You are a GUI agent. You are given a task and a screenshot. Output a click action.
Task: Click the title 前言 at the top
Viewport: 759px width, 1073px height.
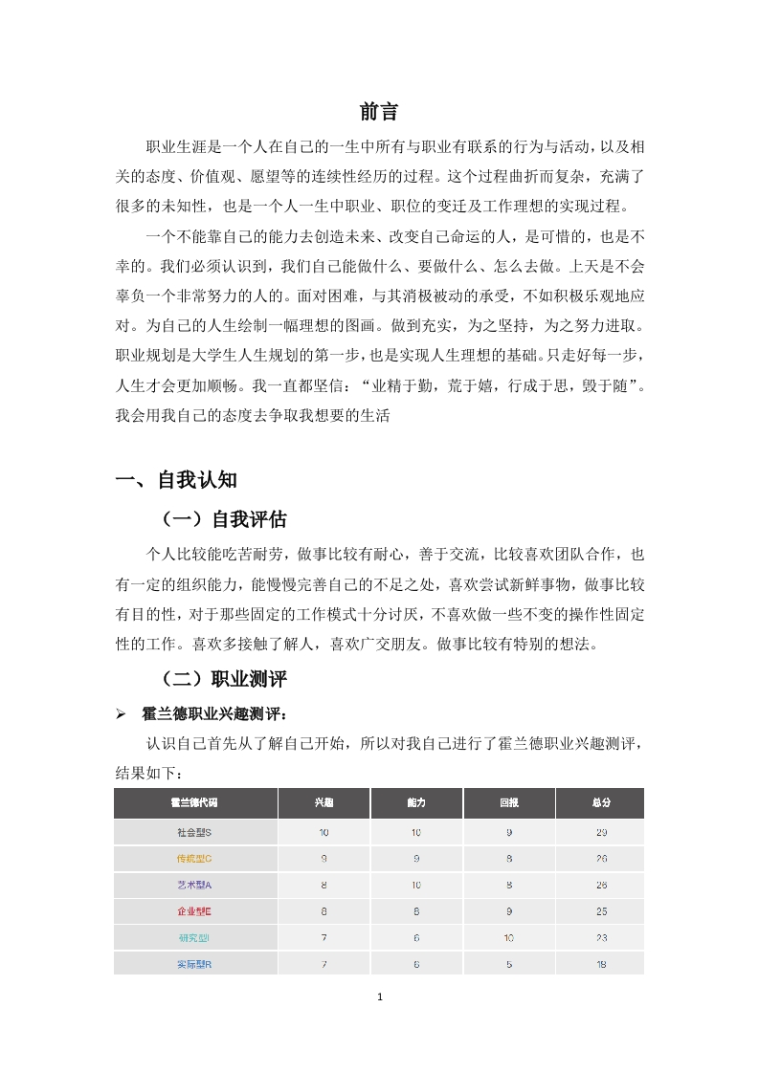379,111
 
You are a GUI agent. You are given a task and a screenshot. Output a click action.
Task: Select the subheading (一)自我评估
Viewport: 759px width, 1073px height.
224,520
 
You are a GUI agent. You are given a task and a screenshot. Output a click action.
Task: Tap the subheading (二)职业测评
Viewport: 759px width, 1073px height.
224,680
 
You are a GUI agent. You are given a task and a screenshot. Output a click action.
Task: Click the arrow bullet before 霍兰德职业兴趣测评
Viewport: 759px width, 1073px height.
121,713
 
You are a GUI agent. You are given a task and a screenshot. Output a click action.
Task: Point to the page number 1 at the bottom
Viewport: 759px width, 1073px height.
380,997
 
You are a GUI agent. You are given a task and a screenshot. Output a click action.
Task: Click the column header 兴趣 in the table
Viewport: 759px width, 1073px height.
324,803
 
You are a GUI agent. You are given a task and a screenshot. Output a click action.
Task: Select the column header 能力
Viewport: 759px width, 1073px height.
415,803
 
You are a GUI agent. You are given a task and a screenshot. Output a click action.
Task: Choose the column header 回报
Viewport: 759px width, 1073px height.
508,803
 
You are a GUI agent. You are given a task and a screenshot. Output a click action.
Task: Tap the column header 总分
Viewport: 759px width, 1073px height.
601,803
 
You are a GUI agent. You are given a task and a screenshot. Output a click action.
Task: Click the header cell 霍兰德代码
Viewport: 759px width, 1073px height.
194,803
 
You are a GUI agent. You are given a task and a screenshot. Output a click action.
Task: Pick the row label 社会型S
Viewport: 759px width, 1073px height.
194,833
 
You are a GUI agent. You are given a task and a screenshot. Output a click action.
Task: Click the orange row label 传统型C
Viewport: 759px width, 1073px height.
194,859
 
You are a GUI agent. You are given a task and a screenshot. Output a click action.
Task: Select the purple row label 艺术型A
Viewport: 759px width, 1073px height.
194,886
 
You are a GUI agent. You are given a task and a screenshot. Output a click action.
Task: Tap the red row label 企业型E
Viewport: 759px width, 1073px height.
194,911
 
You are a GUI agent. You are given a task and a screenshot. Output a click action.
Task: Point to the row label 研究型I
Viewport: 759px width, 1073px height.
194,938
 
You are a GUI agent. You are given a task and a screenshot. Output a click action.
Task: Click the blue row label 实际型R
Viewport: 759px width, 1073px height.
194,964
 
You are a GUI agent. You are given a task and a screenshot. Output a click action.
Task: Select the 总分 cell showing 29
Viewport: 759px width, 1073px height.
601,833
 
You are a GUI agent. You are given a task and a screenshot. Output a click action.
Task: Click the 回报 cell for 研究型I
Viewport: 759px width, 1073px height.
508,938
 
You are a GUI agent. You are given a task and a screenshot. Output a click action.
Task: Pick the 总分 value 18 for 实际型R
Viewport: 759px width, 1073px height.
601,964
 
